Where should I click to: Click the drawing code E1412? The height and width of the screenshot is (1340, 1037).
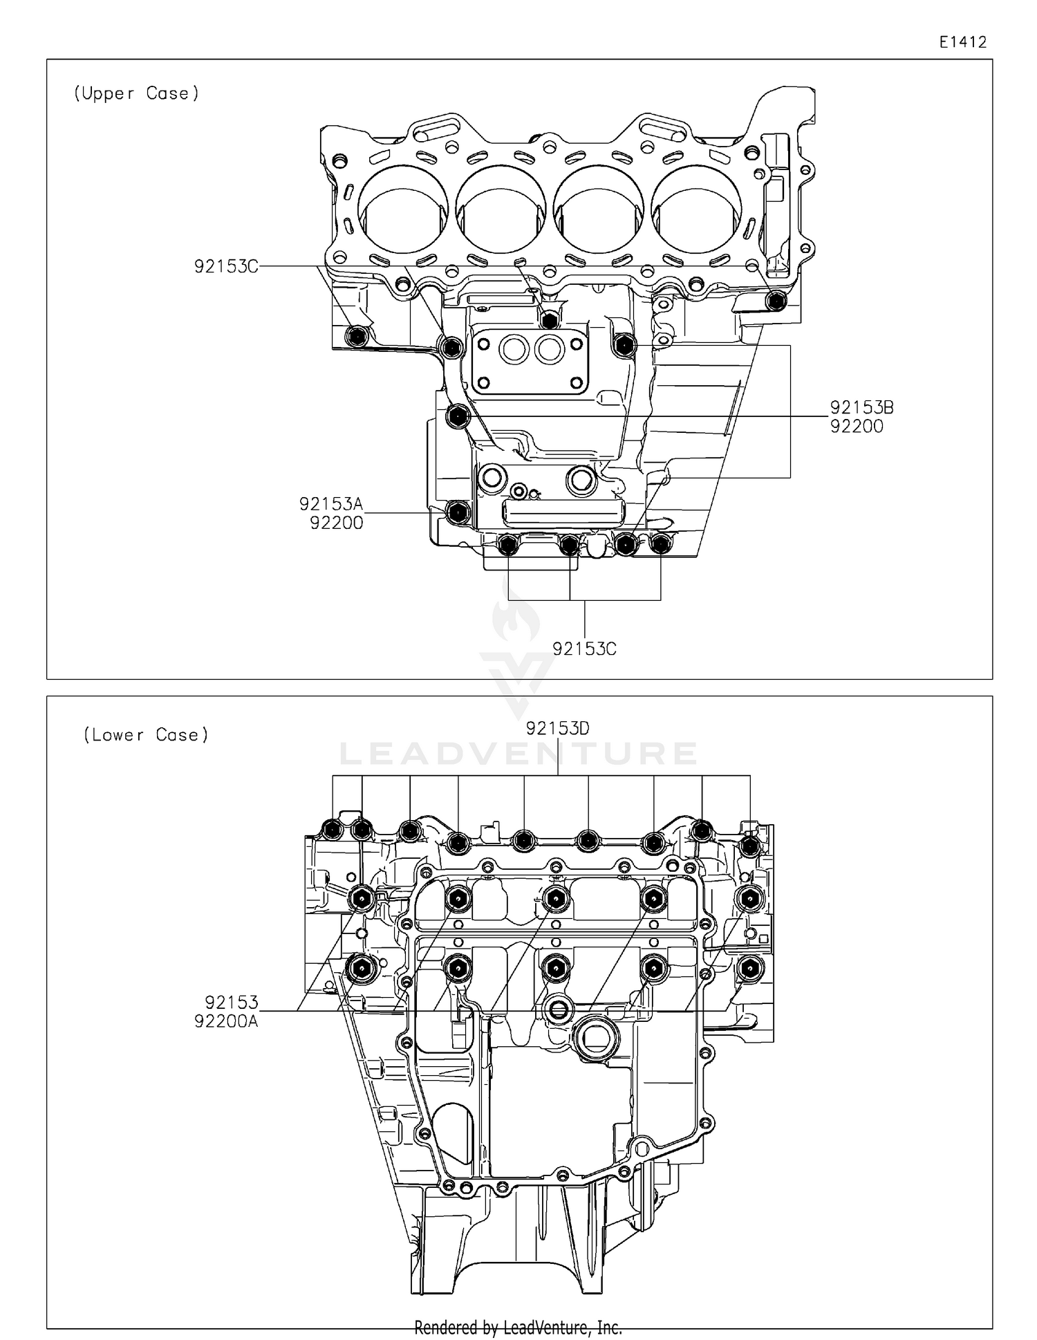coord(962,42)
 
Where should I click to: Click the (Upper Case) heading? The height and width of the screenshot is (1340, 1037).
coord(136,93)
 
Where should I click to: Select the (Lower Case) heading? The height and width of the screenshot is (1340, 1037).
coord(146,735)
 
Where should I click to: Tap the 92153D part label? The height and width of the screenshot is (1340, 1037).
coord(557,728)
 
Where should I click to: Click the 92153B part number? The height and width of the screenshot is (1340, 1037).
coord(861,407)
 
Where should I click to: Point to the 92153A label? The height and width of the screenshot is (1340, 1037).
coord(330,504)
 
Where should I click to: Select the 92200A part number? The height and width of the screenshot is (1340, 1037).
coord(226,1021)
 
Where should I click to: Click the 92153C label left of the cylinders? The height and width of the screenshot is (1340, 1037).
coord(226,266)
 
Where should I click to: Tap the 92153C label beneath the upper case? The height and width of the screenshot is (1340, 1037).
coord(584,649)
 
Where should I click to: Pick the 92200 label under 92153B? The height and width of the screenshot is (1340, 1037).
coord(857,427)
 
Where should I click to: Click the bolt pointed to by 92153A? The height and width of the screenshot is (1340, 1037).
coord(458,512)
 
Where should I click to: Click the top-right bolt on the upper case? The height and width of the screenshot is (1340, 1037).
coord(777,301)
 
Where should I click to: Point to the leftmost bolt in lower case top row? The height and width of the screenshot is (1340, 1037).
coord(333,828)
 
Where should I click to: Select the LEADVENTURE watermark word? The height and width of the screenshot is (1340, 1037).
coord(518,754)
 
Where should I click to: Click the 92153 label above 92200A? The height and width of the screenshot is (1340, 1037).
coord(231,1002)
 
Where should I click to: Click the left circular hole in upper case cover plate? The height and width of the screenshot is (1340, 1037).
coord(515,349)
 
